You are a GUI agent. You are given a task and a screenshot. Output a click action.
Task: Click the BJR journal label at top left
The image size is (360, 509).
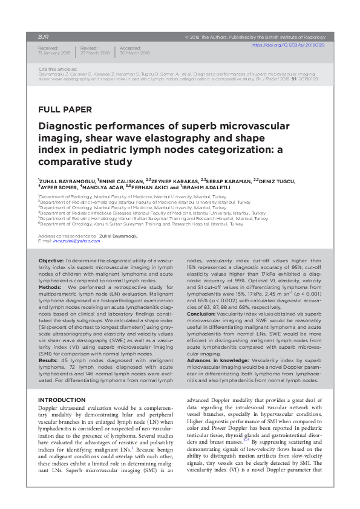click(43, 36)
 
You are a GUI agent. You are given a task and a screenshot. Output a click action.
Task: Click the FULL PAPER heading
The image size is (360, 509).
click(65, 109)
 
